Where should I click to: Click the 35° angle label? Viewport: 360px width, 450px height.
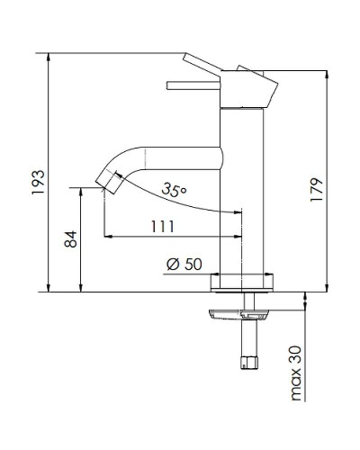(175, 190)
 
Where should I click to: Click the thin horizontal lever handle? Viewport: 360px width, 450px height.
(193, 86)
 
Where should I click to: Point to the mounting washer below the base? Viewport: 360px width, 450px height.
(239, 313)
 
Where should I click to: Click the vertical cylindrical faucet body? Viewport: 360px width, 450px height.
(242, 198)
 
